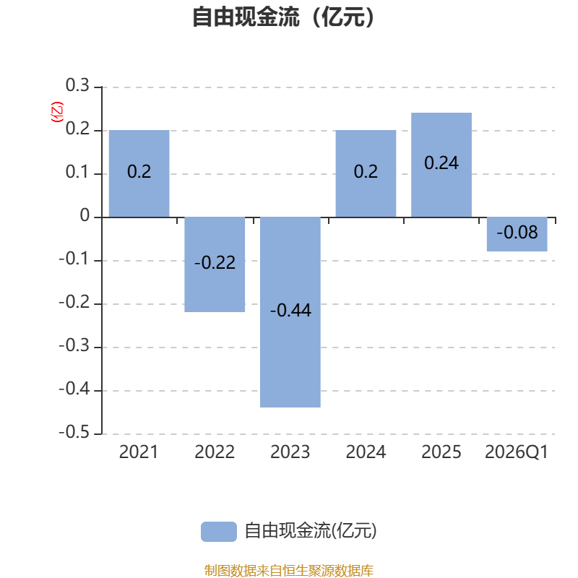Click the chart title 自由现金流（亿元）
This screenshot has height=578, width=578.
pyautogui.click(x=283, y=17)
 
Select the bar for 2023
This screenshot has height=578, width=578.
pyautogui.click(x=290, y=312)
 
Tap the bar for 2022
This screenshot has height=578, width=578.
pyautogui.click(x=215, y=264)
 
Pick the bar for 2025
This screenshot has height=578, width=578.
pyautogui.click(x=441, y=165)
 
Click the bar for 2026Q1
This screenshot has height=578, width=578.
pyautogui.click(x=517, y=234)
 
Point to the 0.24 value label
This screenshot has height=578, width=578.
pyautogui.click(x=441, y=163)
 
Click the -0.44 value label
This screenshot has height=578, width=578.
pyautogui.click(x=290, y=310)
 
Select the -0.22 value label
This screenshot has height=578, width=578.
pyautogui.click(x=215, y=262)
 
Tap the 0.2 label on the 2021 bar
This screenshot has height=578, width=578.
pyautogui.click(x=139, y=171)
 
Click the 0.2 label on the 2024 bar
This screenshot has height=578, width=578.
pyautogui.click(x=366, y=171)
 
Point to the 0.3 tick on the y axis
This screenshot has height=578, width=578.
pyautogui.click(x=77, y=85)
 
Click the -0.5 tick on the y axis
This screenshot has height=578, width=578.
pyautogui.click(x=74, y=432)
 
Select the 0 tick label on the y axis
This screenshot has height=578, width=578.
pyautogui.click(x=85, y=215)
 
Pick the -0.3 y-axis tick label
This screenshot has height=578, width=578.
pyautogui.click(x=74, y=345)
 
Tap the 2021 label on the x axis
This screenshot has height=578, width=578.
pyautogui.click(x=139, y=452)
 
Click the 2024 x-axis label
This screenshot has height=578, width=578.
pyautogui.click(x=366, y=452)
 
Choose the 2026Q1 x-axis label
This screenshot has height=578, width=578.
pyautogui.click(x=517, y=452)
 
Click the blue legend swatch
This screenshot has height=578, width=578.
pyautogui.click(x=219, y=532)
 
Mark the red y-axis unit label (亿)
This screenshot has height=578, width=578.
pyautogui.click(x=57, y=112)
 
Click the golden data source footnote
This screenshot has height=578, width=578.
pyautogui.click(x=289, y=570)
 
